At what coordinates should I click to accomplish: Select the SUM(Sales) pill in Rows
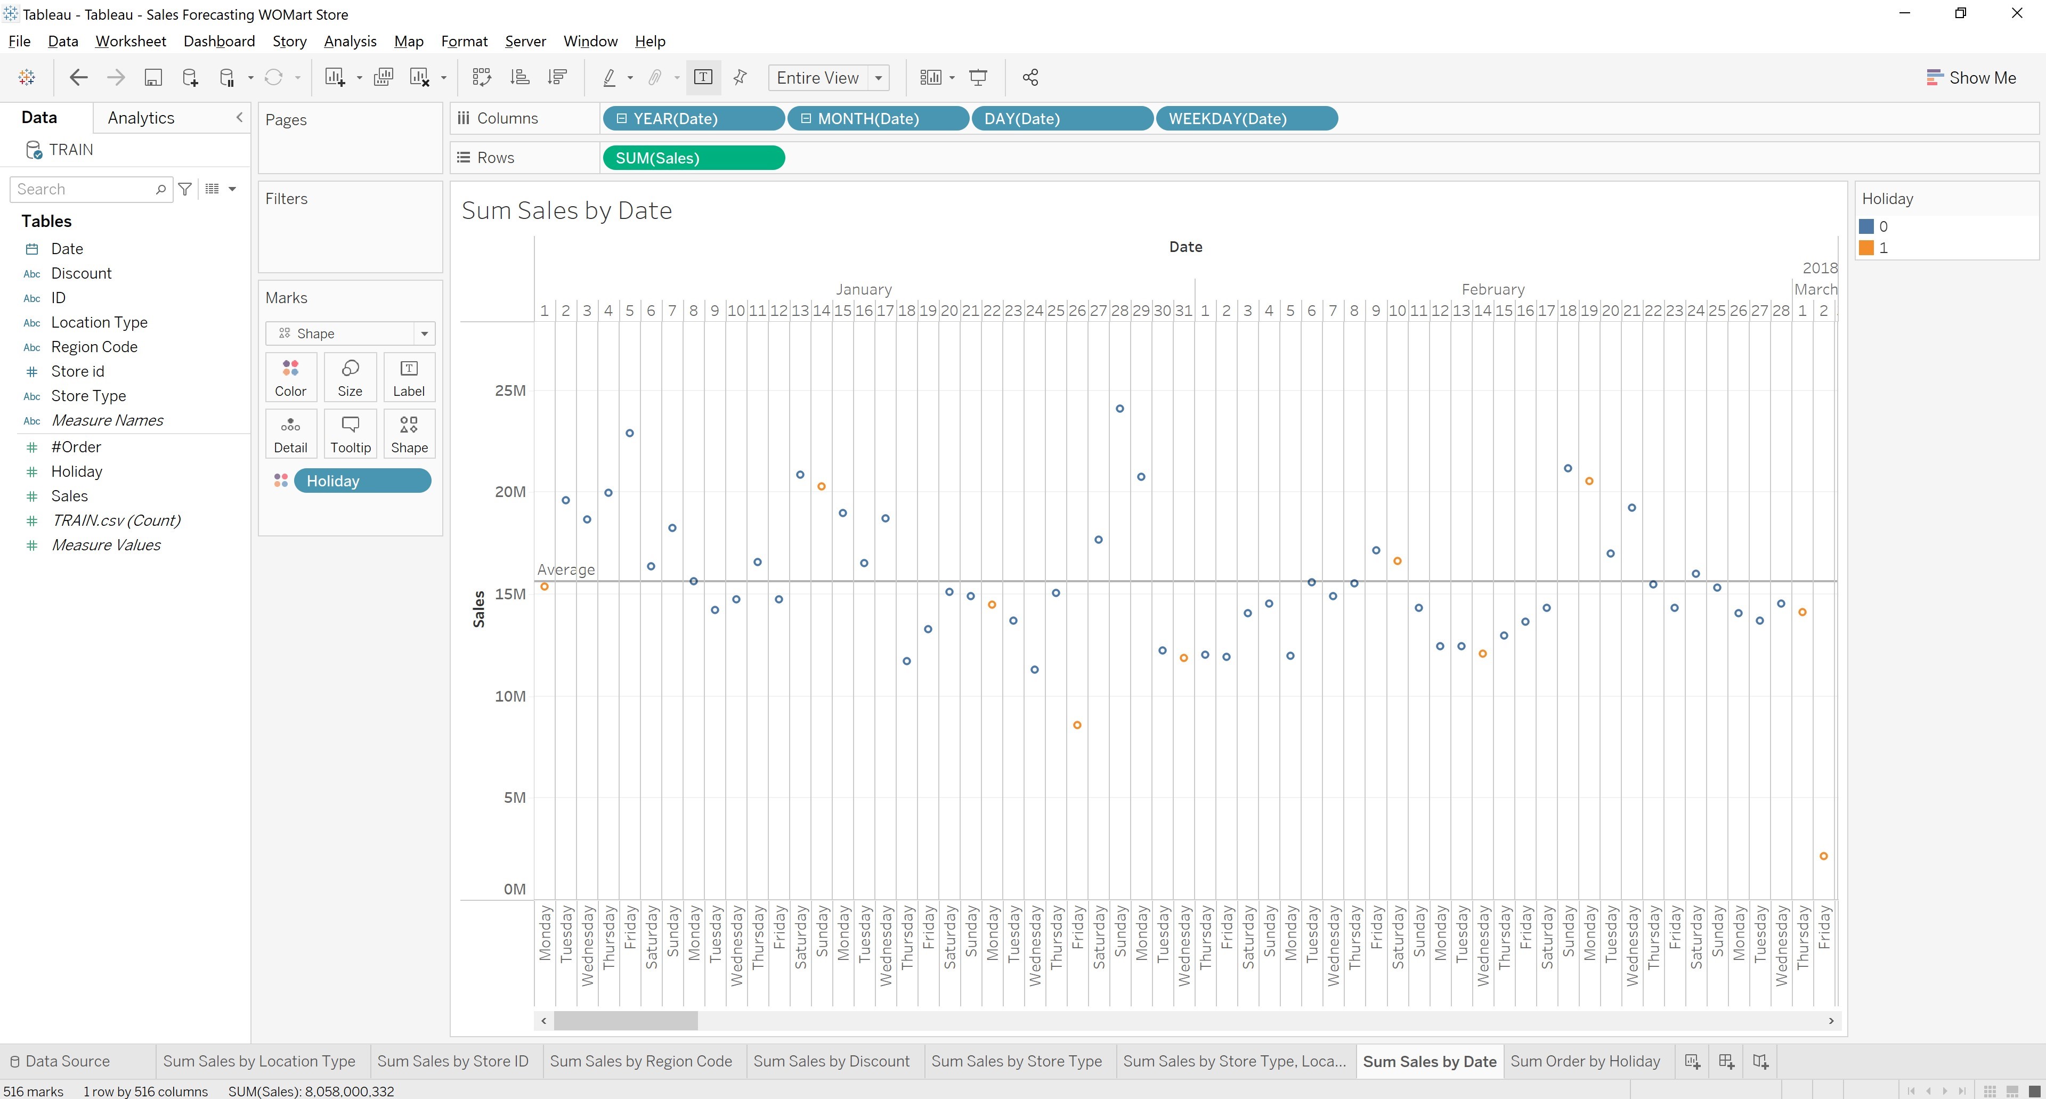click(x=693, y=158)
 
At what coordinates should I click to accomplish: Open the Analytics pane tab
click(x=141, y=118)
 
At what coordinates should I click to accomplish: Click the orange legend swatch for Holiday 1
click(x=1866, y=248)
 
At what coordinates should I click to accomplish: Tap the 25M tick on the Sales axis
click(x=510, y=390)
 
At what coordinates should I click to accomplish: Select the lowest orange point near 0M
click(x=1824, y=856)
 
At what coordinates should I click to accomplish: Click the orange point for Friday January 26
click(x=1077, y=725)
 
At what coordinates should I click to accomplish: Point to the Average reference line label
click(x=565, y=569)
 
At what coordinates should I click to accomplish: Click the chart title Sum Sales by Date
click(x=566, y=210)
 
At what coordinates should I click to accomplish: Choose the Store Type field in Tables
click(x=88, y=395)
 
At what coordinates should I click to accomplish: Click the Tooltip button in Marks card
click(x=350, y=434)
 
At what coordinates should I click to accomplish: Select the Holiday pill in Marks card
click(x=362, y=481)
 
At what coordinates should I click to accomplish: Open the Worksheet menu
click(x=130, y=42)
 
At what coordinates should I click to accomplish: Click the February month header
click(x=1492, y=289)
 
